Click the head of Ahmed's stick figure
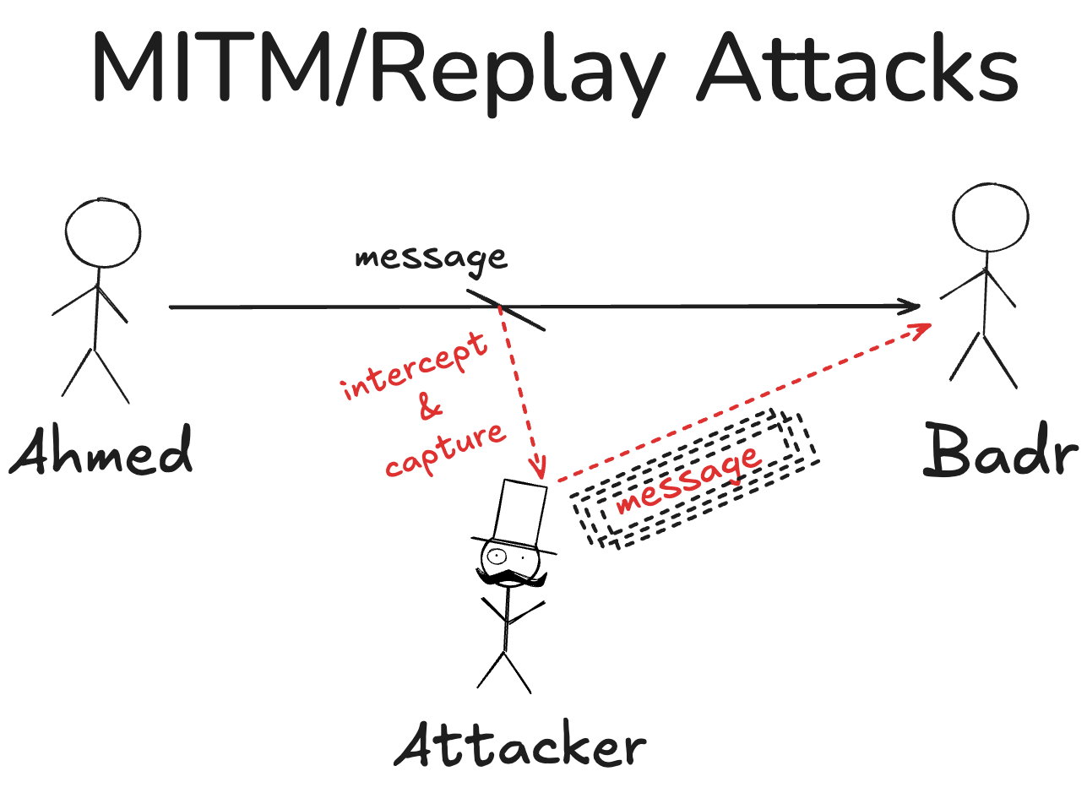pos(103,234)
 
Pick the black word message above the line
pos(431,257)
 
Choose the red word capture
pos(445,450)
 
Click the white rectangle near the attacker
pos(519,513)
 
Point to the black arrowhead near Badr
pos(910,307)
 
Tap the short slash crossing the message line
pos(506,310)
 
